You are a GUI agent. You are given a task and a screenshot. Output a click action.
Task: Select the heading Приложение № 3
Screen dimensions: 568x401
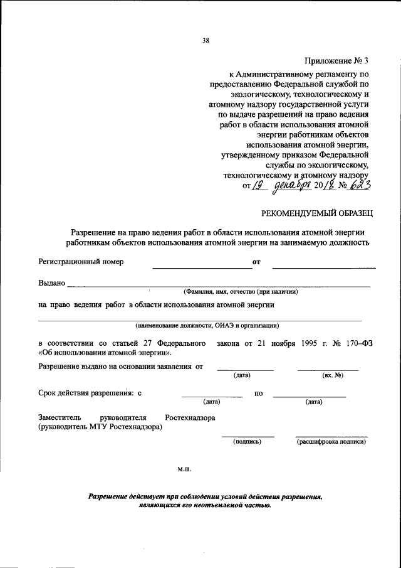[337, 61]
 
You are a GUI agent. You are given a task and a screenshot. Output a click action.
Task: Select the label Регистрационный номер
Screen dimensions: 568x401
[81, 262]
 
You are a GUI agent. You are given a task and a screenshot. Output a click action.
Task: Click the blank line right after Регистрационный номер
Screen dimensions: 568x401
[202, 267]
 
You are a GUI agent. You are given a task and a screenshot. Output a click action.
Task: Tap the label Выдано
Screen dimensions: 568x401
[52, 283]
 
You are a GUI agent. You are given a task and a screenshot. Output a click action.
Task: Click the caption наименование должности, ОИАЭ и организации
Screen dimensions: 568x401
[207, 326]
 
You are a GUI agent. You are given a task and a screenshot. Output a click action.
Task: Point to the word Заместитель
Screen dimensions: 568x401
[60, 417]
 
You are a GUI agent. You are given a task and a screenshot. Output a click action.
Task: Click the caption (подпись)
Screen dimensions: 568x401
[247, 441]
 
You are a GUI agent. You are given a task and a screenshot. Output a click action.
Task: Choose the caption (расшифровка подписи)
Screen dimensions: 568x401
[331, 441]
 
